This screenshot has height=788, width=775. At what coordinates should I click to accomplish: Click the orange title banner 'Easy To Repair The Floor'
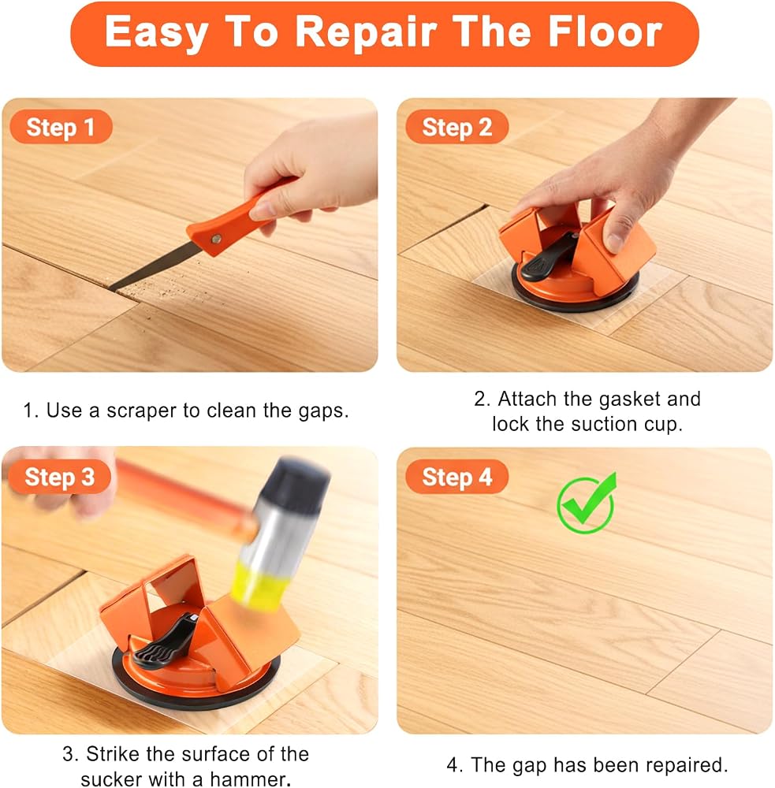385,34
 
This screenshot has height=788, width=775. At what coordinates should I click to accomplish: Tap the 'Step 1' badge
61,127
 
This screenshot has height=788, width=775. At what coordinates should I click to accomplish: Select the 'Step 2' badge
456,127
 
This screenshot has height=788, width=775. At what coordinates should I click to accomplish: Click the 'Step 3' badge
60,477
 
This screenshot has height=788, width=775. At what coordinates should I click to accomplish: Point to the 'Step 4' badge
456,477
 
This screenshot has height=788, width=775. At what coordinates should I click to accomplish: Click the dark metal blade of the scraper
154,267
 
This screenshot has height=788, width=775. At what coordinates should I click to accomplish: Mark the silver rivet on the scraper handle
217,240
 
